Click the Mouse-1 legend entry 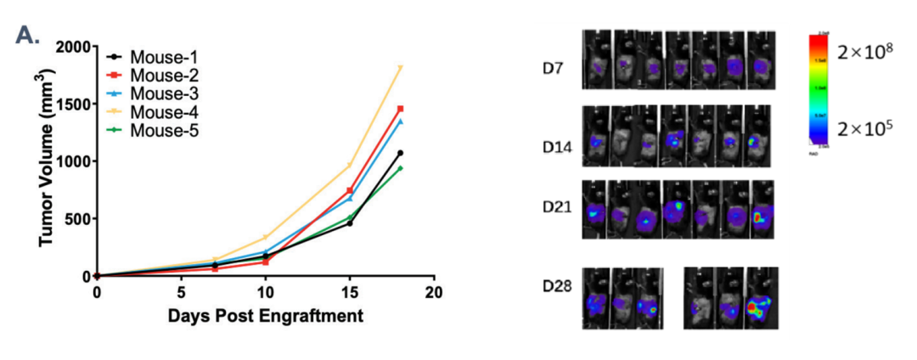click(158, 57)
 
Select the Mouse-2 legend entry click(158, 75)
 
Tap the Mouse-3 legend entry click(158, 93)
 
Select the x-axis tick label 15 click(349, 293)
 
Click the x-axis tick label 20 click(434, 293)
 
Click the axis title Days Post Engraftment click(265, 316)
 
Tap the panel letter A click(28, 37)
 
